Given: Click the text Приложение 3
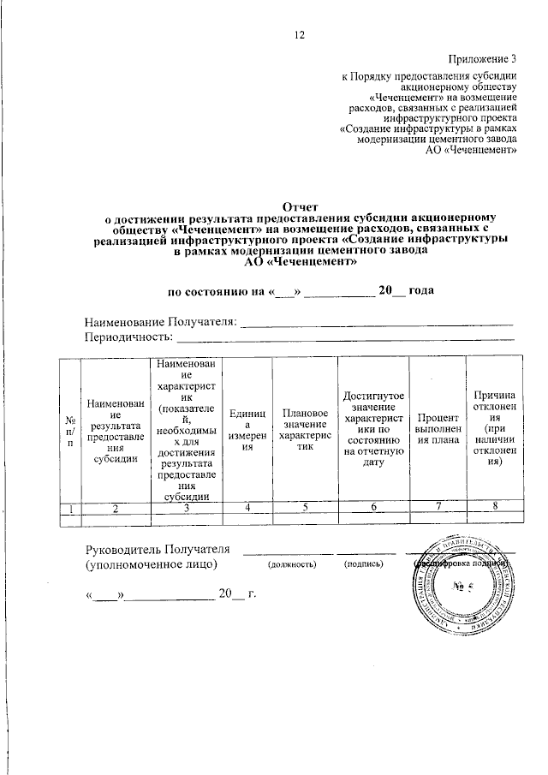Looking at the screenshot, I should pyautogui.click(x=483, y=58).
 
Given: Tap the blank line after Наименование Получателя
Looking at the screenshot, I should pyautogui.click(x=378, y=323).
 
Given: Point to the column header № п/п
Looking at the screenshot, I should pyautogui.click(x=69, y=431).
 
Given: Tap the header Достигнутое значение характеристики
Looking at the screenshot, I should pyautogui.click(x=373, y=431).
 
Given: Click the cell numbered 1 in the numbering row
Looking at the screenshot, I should pyautogui.click(x=69, y=509).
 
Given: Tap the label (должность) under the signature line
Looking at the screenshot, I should pyautogui.click(x=292, y=565).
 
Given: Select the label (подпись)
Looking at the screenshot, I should pyautogui.click(x=363, y=565).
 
